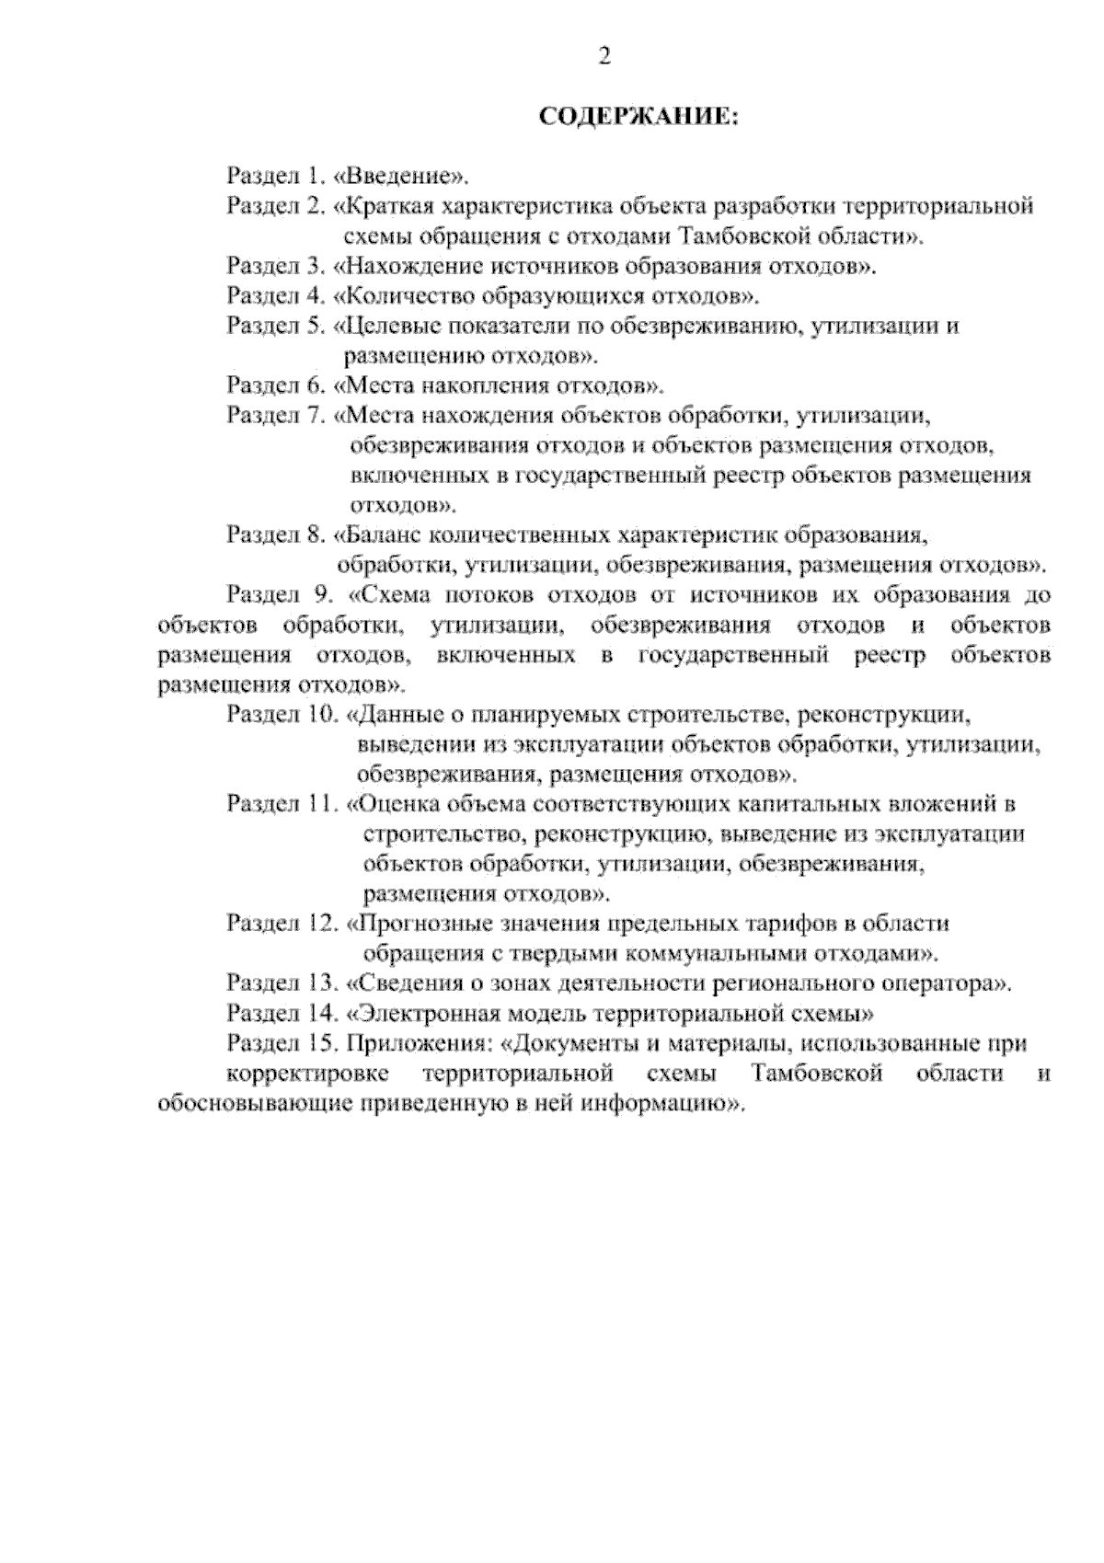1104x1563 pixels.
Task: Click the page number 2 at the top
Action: [604, 58]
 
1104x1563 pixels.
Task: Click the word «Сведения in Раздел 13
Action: [401, 984]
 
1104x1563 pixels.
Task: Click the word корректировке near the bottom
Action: [306, 1075]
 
